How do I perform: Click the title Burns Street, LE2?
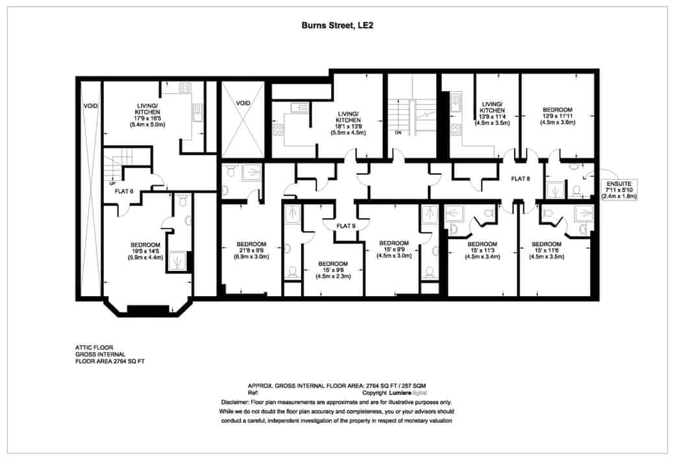pyautogui.click(x=337, y=27)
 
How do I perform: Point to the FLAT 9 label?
pyautogui.click(x=345, y=227)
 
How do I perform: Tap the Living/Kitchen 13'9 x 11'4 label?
pyautogui.click(x=493, y=112)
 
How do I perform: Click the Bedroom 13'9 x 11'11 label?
pyautogui.click(x=558, y=116)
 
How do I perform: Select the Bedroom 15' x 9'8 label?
pyautogui.click(x=332, y=269)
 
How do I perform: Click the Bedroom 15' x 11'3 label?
pyautogui.click(x=482, y=250)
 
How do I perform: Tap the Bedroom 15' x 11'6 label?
pyautogui.click(x=547, y=250)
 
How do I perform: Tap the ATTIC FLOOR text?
pyautogui.click(x=94, y=348)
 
